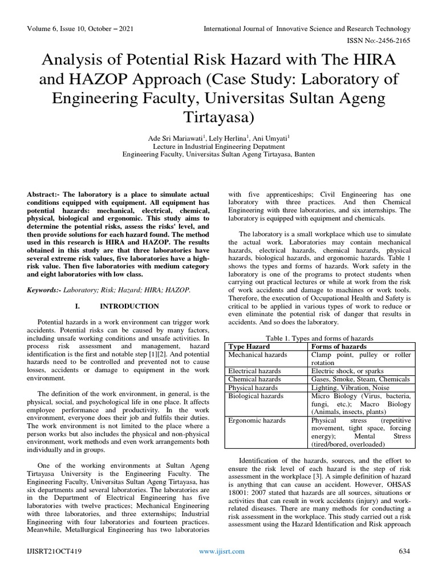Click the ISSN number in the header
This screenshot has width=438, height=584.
pos(377,40)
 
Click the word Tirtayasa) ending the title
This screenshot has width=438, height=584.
pos(218,117)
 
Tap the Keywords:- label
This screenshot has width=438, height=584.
pos(45,290)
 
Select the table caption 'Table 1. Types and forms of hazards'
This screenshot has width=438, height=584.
pos(319,338)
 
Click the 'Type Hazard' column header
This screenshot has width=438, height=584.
pos(249,346)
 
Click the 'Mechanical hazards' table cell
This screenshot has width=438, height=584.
pos(258,355)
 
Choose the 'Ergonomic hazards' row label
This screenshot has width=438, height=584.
pos(257,420)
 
